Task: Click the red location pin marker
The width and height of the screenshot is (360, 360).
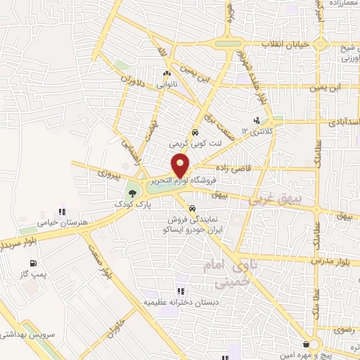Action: [181, 165]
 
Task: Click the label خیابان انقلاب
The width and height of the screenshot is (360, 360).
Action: [286, 44]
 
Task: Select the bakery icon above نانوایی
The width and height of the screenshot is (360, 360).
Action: [167, 74]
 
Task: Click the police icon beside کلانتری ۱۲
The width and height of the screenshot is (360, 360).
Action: [256, 121]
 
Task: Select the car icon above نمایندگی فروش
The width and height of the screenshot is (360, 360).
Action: [192, 207]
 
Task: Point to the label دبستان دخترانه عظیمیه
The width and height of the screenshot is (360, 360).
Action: [182, 302]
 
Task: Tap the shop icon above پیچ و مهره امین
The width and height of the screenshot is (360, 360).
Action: [306, 344]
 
